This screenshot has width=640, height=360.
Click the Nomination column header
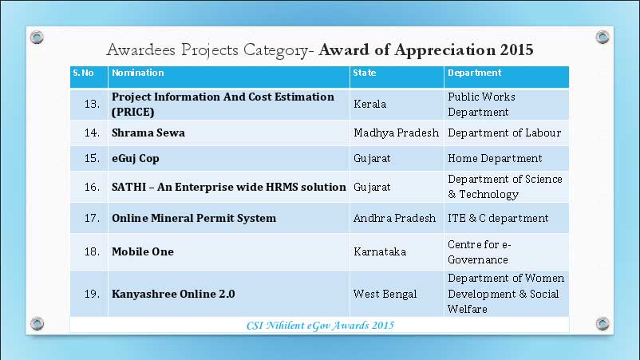pyautogui.click(x=137, y=73)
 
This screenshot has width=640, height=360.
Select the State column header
pyautogui.click(x=365, y=73)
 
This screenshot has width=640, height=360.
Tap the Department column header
pyautogui.click(x=474, y=73)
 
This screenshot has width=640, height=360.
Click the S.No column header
pyautogui.click(x=83, y=73)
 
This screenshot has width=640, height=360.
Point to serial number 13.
pyautogui.click(x=93, y=104)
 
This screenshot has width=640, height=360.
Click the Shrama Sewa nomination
pyautogui.click(x=148, y=133)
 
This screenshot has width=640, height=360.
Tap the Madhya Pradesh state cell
pyautogui.click(x=397, y=133)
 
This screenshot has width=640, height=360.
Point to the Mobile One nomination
pyautogui.click(x=143, y=251)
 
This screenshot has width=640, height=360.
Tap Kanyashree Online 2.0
pyautogui.click(x=173, y=294)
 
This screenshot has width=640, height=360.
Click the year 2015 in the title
pyautogui.click(x=517, y=49)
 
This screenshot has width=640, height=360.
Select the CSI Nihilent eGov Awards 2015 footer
pyautogui.click(x=321, y=326)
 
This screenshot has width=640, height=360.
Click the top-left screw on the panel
pyautogui.click(x=37, y=38)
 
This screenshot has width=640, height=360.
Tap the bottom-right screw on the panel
pyautogui.click(x=602, y=323)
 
